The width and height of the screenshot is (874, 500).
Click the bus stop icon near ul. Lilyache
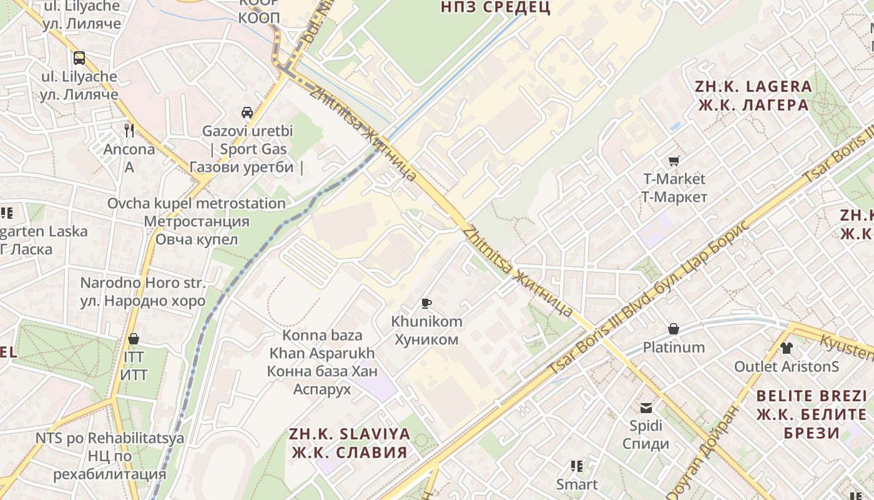(x=79, y=58)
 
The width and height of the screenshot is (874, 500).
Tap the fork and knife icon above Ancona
(x=129, y=130)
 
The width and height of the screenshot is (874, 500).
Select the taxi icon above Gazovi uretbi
(x=247, y=112)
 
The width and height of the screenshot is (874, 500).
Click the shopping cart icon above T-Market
(x=674, y=161)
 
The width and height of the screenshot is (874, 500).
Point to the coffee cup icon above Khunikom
(x=426, y=304)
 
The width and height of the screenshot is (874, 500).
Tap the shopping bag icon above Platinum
(x=674, y=329)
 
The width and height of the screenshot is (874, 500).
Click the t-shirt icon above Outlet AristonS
(x=786, y=348)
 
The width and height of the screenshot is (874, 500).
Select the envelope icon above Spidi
(x=646, y=408)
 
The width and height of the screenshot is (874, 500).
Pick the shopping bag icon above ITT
(x=133, y=339)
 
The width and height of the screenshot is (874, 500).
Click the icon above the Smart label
(x=576, y=466)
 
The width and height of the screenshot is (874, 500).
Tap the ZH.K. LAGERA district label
(x=754, y=96)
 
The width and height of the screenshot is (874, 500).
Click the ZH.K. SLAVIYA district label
(x=349, y=443)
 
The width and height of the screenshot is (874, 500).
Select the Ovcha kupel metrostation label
(x=197, y=221)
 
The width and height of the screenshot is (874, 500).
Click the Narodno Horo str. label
(x=142, y=292)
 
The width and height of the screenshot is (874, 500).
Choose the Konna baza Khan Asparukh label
(x=322, y=362)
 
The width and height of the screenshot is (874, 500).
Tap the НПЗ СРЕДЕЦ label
(x=495, y=7)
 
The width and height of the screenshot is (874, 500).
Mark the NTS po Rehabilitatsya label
(x=110, y=456)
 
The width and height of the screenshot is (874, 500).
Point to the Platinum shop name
(x=674, y=347)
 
